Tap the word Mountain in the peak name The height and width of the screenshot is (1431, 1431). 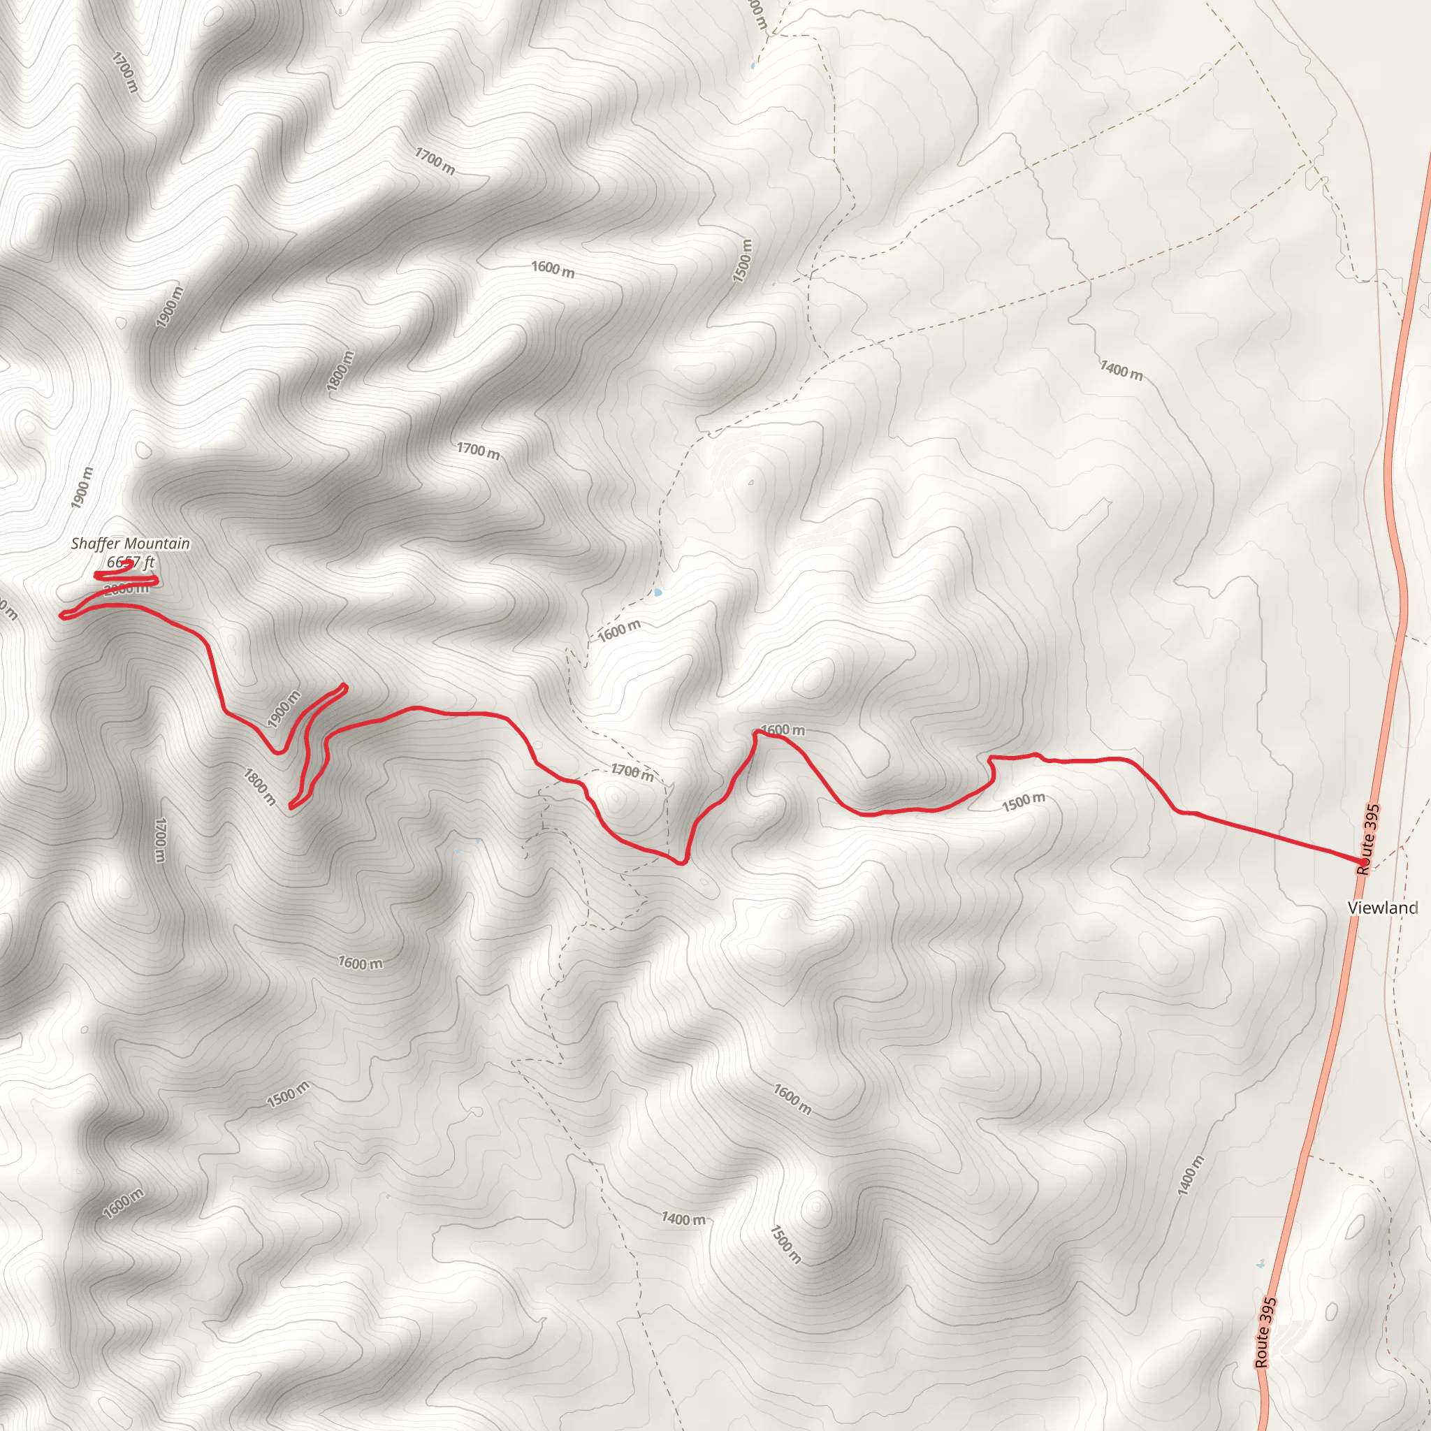[x=157, y=544]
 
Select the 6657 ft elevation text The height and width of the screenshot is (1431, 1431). [x=131, y=562]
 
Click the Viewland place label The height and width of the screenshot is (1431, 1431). [x=1382, y=908]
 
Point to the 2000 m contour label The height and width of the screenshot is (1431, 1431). [x=126, y=590]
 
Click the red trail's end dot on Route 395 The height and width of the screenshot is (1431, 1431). [x=1364, y=862]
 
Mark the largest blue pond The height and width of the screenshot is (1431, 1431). [x=658, y=593]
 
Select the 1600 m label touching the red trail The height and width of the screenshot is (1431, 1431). [x=782, y=729]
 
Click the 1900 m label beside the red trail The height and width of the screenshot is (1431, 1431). [x=284, y=709]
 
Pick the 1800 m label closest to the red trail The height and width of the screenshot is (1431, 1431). [x=260, y=787]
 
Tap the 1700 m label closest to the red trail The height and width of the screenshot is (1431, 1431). [x=632, y=772]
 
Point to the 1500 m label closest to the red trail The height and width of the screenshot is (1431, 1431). [x=1024, y=801]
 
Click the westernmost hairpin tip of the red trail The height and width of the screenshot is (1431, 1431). [x=64, y=615]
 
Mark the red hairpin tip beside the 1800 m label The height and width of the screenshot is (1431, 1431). [x=292, y=806]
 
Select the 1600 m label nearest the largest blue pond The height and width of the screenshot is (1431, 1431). [x=619, y=630]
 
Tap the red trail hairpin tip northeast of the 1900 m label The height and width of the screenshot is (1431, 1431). [x=344, y=686]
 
